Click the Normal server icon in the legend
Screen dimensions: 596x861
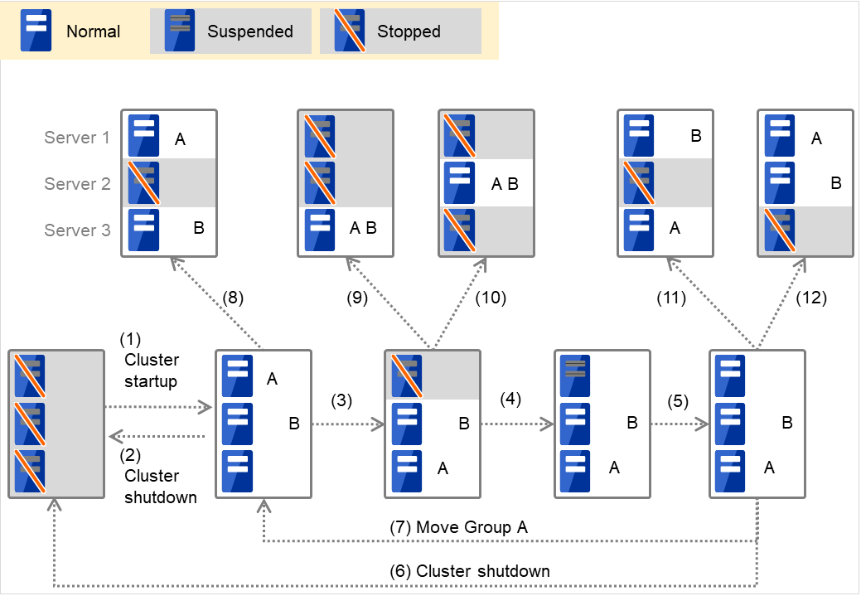coord(36,31)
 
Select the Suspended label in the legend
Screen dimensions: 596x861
coord(249,31)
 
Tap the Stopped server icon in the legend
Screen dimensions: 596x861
coord(349,31)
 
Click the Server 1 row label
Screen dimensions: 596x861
coord(77,138)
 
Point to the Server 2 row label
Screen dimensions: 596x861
coord(77,184)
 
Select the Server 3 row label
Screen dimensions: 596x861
coord(77,230)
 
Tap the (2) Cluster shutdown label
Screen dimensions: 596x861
coord(159,477)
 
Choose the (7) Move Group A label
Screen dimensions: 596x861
coord(458,527)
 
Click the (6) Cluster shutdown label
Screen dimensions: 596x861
coord(470,571)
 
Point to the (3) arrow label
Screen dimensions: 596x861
coord(342,400)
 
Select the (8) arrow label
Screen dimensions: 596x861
coord(235,298)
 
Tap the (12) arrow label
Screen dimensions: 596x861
coord(810,298)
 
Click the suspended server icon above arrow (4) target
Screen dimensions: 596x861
coord(574,375)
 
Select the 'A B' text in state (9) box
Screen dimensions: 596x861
coord(363,229)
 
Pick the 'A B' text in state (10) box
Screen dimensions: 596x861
coord(504,184)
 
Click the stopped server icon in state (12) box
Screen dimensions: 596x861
coord(778,230)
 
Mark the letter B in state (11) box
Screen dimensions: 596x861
coord(696,137)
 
